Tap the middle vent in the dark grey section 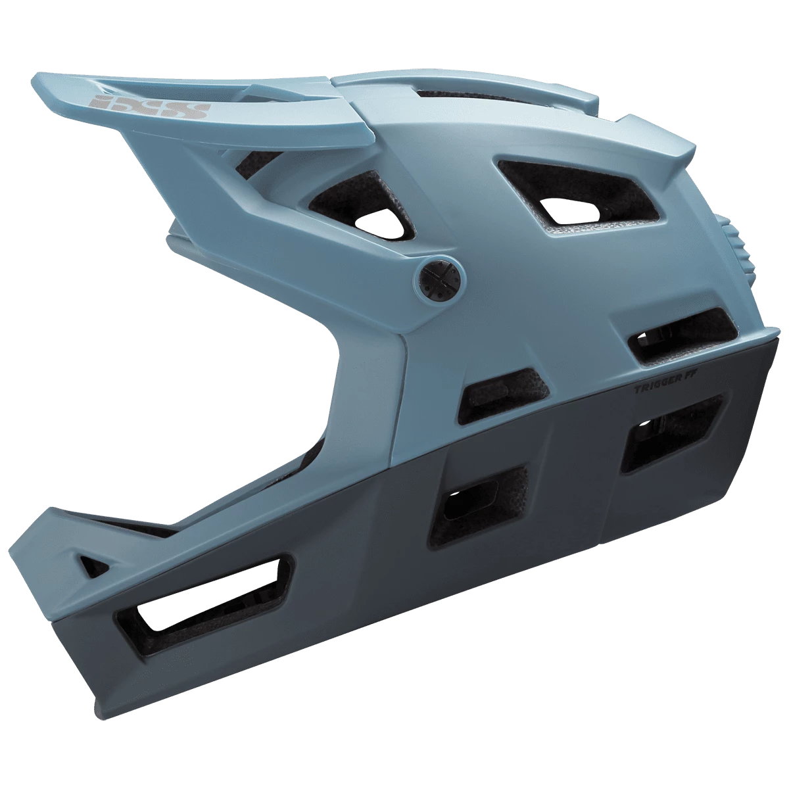coord(478,501)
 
